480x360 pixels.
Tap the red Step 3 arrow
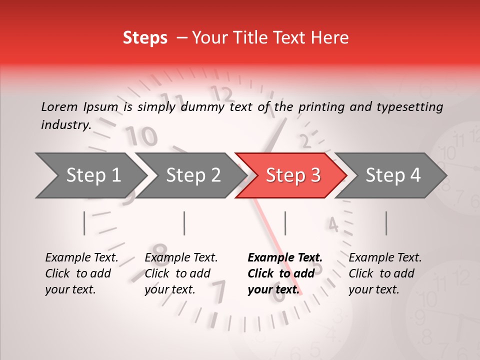pos(293,175)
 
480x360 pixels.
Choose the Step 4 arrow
pos(393,175)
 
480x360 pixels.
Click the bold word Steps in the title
pos(145,37)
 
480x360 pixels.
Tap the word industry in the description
pos(65,124)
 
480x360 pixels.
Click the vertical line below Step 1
pos(84,223)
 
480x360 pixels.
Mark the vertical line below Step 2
pos(184,223)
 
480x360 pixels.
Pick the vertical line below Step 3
pos(285,223)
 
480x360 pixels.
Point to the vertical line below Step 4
pos(386,223)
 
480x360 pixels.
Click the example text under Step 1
pos(81,273)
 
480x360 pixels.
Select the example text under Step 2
pos(181,273)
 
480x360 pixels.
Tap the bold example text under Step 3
pos(284,273)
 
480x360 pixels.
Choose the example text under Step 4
pos(385,273)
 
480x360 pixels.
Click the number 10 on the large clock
pos(141,135)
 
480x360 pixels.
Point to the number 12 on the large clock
pos(222,93)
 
